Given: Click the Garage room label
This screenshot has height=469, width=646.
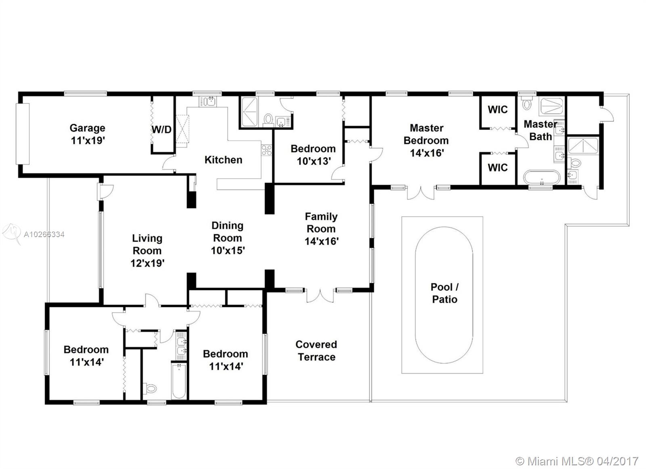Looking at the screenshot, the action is [87, 134].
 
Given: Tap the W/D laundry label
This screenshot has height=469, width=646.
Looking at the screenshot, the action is [161, 129].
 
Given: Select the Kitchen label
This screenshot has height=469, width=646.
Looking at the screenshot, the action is [223, 160].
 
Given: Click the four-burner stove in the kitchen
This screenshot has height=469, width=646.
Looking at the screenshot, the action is [266, 150].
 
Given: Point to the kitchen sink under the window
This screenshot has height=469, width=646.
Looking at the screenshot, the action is [208, 101].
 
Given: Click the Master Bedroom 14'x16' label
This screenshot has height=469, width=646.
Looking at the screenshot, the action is [426, 140].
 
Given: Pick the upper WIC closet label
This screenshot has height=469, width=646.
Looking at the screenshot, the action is [497, 109].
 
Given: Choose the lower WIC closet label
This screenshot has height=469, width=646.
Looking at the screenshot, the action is [497, 167].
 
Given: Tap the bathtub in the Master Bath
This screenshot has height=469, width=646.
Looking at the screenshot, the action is [541, 177].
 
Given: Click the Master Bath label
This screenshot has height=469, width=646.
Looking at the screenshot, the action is [541, 130].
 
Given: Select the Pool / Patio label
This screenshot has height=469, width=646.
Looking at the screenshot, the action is [445, 293].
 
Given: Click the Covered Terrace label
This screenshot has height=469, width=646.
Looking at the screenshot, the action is [317, 350].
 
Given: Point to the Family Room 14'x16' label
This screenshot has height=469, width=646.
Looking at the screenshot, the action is [321, 229].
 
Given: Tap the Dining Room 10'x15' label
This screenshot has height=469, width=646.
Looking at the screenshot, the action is [228, 238].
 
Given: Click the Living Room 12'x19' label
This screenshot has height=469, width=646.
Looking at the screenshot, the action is [147, 251].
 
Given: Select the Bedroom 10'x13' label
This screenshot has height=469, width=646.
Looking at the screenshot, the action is [313, 155].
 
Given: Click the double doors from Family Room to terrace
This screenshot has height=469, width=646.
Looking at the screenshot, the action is [320, 296].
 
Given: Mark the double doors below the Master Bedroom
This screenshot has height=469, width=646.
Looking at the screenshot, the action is [421, 193].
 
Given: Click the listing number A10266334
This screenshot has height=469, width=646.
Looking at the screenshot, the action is [44, 235].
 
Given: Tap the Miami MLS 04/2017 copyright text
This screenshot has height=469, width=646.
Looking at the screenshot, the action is [577, 453].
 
